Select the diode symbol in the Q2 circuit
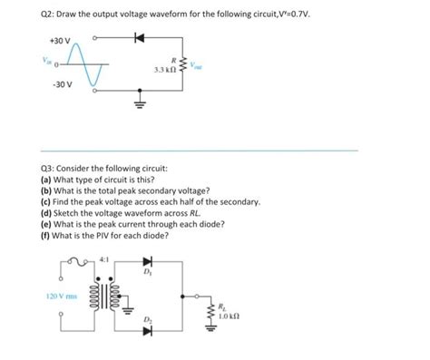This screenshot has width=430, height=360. click(x=138, y=39)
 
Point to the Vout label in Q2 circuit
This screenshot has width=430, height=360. click(x=199, y=64)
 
